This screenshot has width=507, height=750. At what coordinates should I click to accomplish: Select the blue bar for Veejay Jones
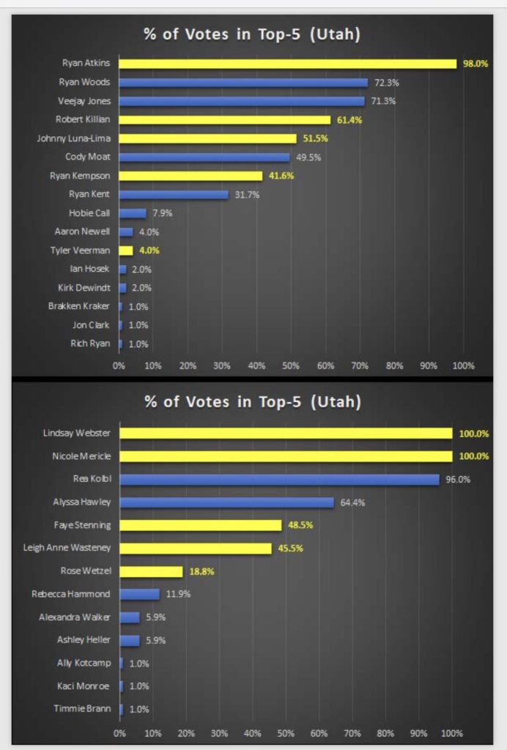pyautogui.click(x=241, y=101)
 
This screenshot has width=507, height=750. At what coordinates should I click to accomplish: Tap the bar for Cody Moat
pyautogui.click(x=204, y=157)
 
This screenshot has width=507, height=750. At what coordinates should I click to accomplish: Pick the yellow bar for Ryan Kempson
pyautogui.click(x=190, y=176)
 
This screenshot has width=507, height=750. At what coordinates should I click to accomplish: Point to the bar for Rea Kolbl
pyautogui.click(x=279, y=480)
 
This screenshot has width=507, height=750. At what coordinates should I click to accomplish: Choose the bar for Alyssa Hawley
pyautogui.click(x=226, y=502)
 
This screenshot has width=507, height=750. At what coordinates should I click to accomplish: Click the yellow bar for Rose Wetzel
pyautogui.click(x=151, y=571)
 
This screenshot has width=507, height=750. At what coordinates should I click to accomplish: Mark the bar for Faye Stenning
pyautogui.click(x=200, y=525)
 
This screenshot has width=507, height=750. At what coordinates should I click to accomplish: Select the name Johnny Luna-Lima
pyautogui.click(x=73, y=138)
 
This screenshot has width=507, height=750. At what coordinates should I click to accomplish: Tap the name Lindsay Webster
pyautogui.click(x=76, y=434)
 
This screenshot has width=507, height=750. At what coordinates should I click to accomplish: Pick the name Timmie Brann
pyautogui.click(x=81, y=708)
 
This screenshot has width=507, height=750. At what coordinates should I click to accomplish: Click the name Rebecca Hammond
pyautogui.click(x=70, y=594)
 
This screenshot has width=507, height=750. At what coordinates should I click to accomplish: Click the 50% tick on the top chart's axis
pyautogui.click(x=291, y=365)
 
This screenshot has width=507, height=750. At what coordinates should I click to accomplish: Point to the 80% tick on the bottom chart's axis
pyautogui.click(x=385, y=732)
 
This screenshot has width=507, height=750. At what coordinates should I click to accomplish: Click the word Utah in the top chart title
pyautogui.click(x=334, y=34)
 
